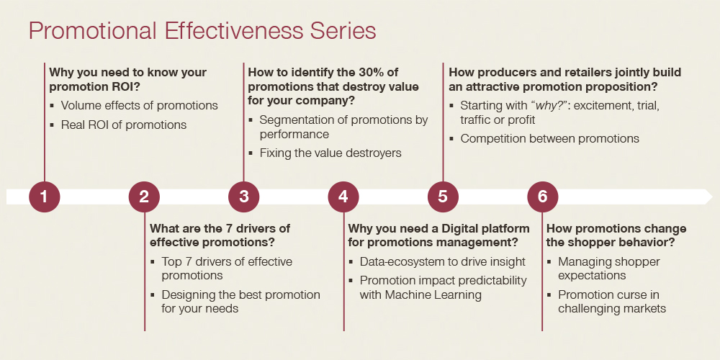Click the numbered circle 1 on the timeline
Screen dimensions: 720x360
(45, 197)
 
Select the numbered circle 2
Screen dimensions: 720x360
(144, 197)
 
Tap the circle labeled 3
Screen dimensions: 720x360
(244, 197)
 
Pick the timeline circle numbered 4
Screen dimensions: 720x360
(343, 197)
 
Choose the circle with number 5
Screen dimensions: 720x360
(443, 197)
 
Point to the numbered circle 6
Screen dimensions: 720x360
(543, 197)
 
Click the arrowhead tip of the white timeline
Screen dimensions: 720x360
(713, 197)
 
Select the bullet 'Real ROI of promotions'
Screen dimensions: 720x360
(124, 125)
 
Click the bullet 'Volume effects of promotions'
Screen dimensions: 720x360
(139, 106)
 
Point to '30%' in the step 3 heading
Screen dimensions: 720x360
(372, 72)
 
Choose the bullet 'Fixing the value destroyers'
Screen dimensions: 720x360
(330, 153)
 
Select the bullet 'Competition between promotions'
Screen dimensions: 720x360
(549, 139)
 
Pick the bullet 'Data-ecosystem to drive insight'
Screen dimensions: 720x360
(442, 262)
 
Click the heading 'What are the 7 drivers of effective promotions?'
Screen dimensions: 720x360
(220, 235)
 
